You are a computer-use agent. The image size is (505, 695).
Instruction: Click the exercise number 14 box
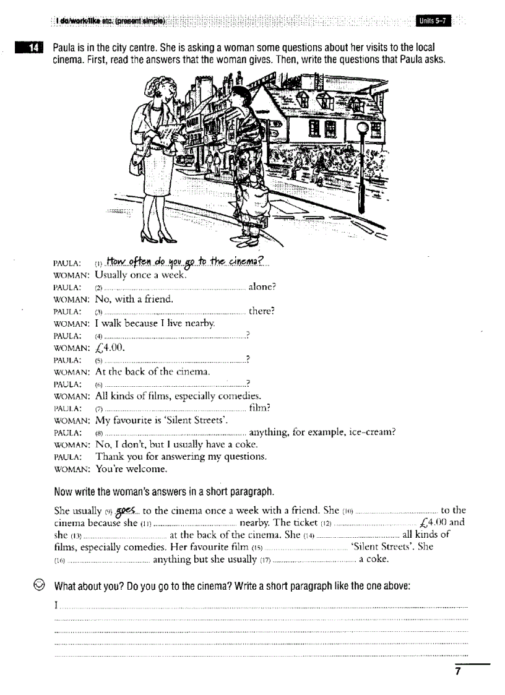pyautogui.click(x=32, y=48)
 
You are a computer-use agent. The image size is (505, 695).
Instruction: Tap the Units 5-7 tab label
pyautogui.click(x=433, y=22)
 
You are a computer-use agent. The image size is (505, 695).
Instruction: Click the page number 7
pyautogui.click(x=457, y=672)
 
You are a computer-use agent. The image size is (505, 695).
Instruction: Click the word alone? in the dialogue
pyautogui.click(x=262, y=287)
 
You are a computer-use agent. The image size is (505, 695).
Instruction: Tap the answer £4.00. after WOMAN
pyautogui.click(x=111, y=348)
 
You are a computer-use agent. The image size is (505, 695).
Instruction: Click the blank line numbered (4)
pyautogui.click(x=174, y=336)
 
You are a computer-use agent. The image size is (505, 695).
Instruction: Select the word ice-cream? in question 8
pyautogui.click(x=371, y=433)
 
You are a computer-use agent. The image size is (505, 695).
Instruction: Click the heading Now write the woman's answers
pyautogui.click(x=164, y=493)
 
